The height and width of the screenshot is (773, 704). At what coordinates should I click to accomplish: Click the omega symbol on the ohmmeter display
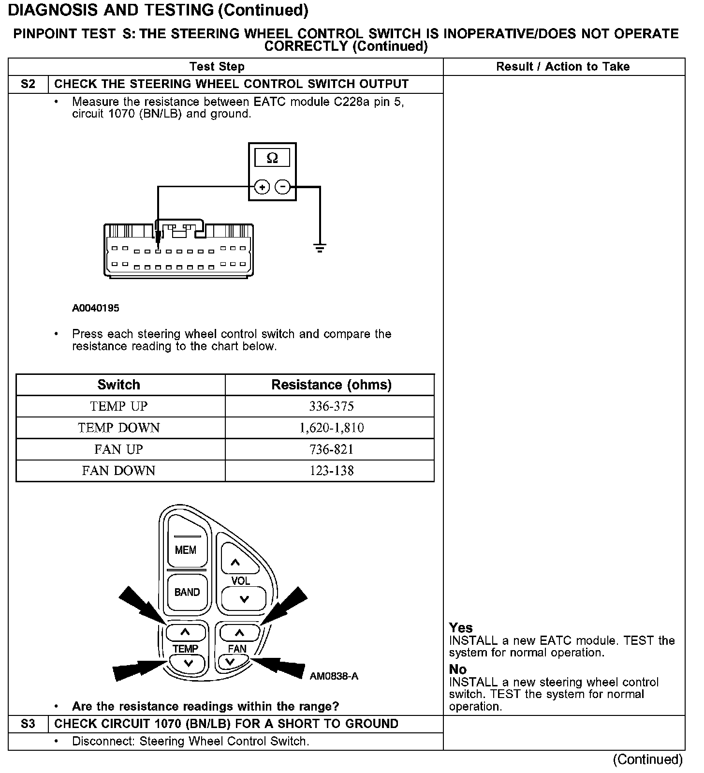[272, 158]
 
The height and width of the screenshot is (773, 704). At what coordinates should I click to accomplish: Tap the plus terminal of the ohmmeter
[262, 187]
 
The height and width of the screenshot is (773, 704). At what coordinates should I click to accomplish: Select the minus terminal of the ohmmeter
[283, 187]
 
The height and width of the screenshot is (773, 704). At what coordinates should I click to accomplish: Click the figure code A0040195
[96, 308]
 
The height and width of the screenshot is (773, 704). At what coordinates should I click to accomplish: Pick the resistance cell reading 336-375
[331, 406]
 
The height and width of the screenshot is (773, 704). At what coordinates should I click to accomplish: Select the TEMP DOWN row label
[119, 428]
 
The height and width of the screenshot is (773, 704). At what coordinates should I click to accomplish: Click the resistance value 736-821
[331, 449]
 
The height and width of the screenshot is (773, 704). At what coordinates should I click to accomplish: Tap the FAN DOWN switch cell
[119, 471]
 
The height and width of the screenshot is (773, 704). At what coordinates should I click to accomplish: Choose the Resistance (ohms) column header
[331, 385]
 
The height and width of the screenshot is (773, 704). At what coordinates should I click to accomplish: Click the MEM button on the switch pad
[186, 550]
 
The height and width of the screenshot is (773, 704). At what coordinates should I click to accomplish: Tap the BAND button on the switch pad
[187, 592]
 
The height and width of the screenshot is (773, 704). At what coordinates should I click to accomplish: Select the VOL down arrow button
[244, 599]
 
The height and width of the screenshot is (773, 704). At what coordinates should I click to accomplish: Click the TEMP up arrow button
[186, 632]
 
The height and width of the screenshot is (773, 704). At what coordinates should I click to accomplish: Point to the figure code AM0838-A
[334, 676]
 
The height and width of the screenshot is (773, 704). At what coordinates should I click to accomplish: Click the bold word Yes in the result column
[460, 628]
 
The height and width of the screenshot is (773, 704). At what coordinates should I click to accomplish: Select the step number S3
[28, 724]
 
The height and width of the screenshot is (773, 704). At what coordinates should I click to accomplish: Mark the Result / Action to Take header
[563, 67]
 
